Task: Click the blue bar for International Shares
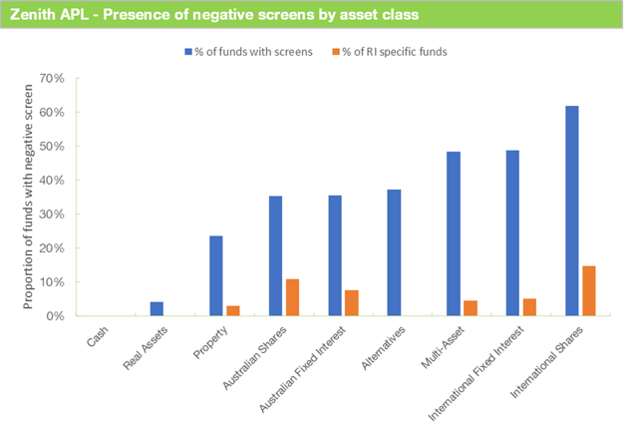click(x=571, y=211)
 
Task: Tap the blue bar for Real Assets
click(x=156, y=308)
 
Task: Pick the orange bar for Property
click(x=232, y=310)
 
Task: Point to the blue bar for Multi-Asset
click(x=454, y=233)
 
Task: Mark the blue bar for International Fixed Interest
click(x=512, y=232)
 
